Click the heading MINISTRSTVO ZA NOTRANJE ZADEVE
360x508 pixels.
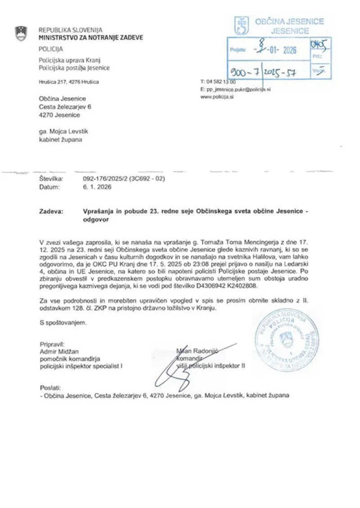[90, 38]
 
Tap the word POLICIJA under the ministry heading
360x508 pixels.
[50, 49]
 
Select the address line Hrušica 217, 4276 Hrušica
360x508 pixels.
[68, 82]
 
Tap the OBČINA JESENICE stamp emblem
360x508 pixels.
[241, 26]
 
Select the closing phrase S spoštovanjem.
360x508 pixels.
[63, 322]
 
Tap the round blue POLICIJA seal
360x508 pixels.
[287, 340]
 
